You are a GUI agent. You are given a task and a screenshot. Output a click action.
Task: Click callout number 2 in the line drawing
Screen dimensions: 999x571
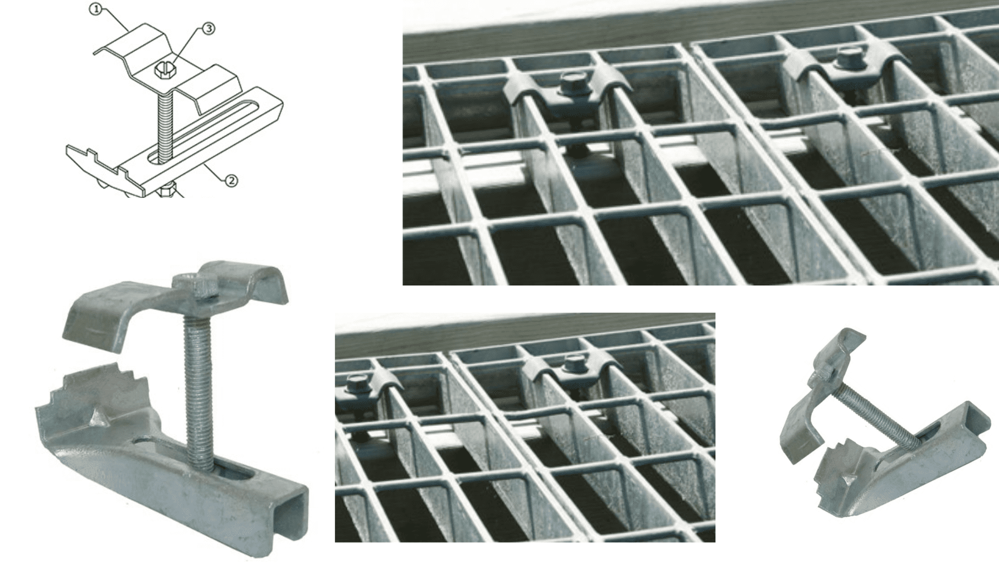click(231, 180)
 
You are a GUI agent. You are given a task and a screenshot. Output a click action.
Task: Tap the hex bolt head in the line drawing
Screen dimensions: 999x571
click(164, 70)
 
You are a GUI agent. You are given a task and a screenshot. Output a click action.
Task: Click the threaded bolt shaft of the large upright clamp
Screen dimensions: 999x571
click(198, 379)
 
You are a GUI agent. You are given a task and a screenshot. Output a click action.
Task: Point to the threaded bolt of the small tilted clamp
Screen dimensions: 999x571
click(876, 416)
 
